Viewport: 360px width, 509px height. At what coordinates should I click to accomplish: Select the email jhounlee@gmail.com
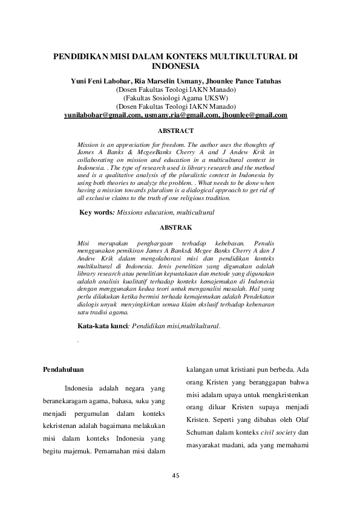point(254,115)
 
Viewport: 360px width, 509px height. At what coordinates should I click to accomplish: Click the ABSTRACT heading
point(175,131)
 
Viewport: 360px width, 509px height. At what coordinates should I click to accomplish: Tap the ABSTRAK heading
point(175,227)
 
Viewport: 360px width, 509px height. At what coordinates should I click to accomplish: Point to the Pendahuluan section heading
point(65,368)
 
